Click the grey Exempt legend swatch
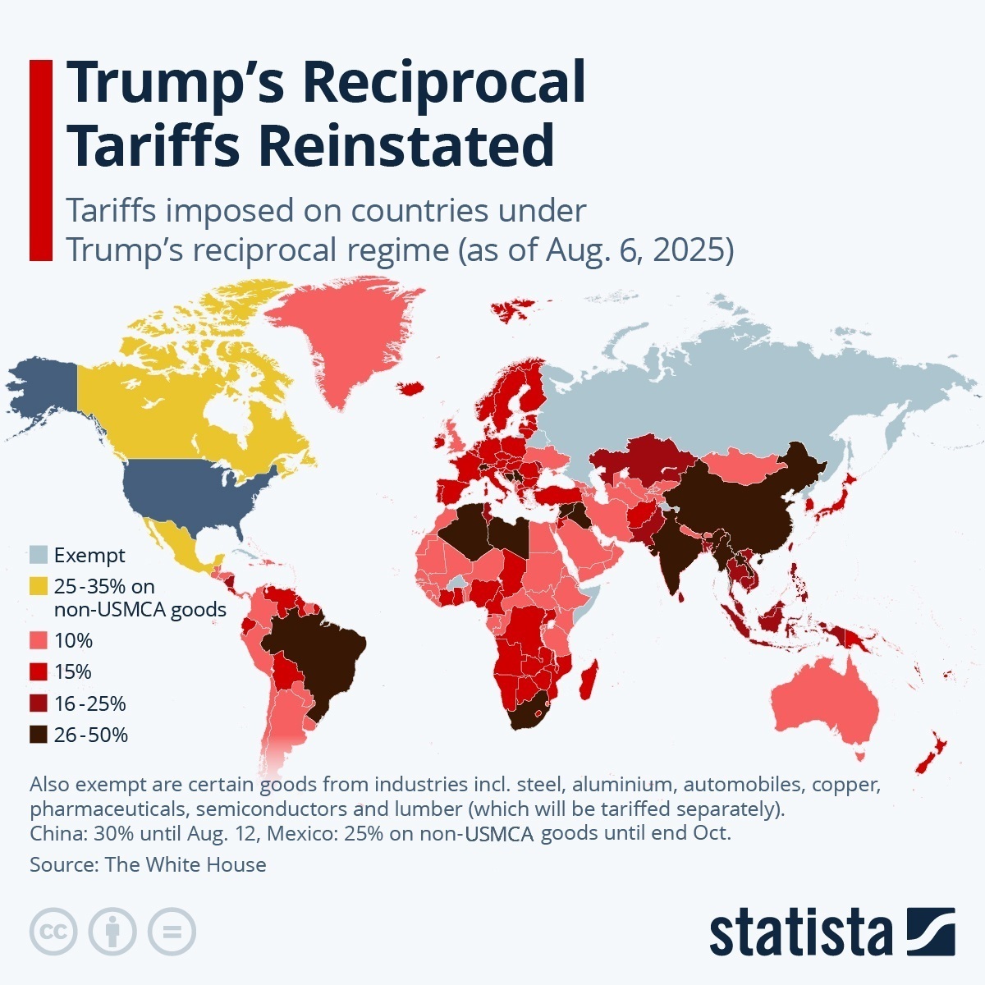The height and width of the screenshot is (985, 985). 39,555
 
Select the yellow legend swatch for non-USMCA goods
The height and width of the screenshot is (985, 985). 39,587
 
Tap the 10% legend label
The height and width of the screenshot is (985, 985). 73,640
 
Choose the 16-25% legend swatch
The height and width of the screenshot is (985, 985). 39,703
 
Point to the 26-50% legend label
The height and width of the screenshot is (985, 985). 90,735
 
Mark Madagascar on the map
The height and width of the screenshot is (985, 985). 587,683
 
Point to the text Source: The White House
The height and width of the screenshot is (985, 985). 148,864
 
